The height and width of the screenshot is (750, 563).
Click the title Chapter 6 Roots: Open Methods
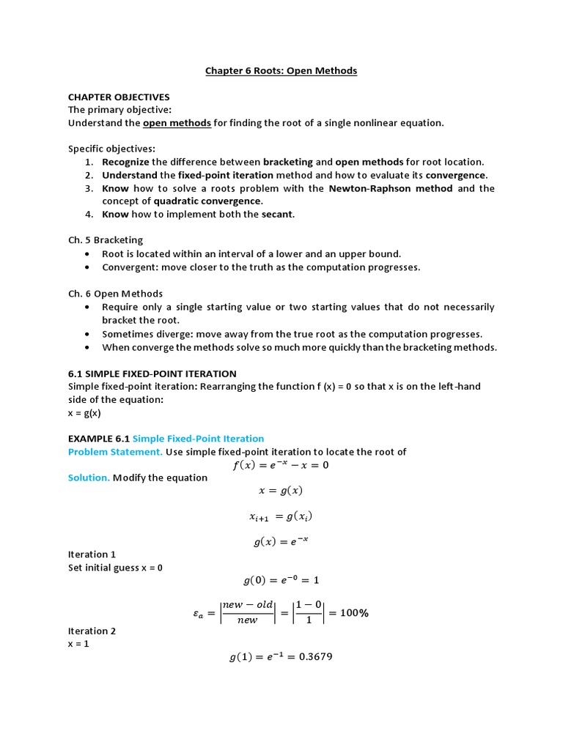click(x=281, y=70)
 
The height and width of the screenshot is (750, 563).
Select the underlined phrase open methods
click(x=177, y=123)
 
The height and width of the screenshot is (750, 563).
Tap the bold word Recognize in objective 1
click(x=125, y=162)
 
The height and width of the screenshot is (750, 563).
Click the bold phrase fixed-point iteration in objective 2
click(x=222, y=175)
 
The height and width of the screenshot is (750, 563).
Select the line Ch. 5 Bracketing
click(x=106, y=240)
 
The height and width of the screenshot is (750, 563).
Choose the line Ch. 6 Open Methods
click(x=115, y=294)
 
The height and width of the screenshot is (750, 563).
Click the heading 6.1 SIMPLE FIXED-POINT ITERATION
click(x=152, y=374)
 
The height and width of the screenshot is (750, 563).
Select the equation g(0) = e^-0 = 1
click(x=281, y=580)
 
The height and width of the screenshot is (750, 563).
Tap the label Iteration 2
click(x=92, y=631)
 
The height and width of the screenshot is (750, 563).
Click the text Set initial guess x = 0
click(x=115, y=568)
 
